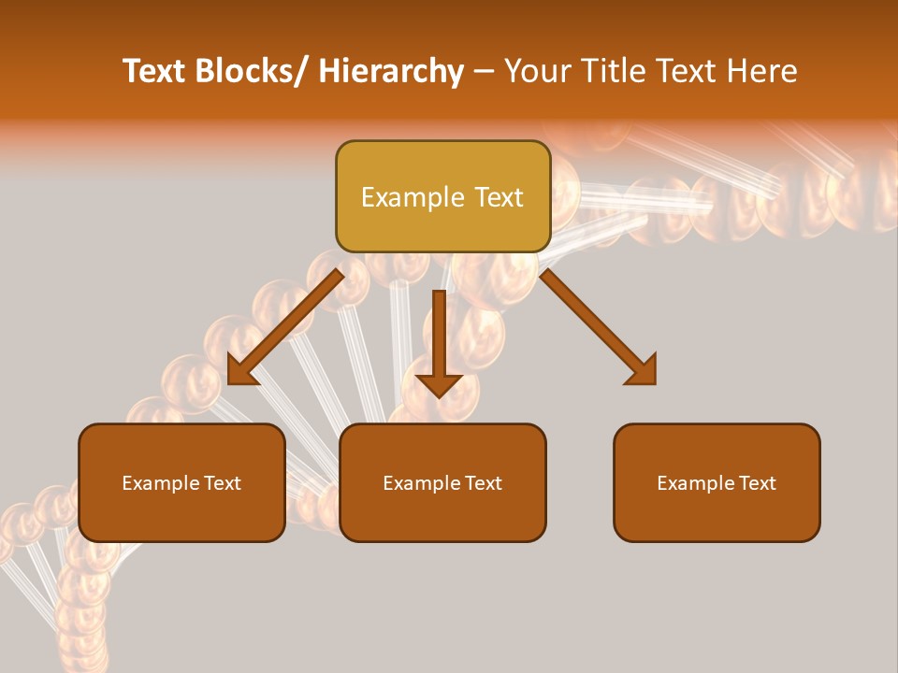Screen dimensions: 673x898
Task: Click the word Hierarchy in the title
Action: tap(391, 72)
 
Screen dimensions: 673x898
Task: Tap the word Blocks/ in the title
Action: tap(252, 72)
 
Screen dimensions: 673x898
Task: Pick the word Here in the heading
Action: tap(762, 72)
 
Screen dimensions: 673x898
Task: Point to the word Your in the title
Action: tap(536, 72)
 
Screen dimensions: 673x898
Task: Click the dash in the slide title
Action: tap(484, 72)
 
